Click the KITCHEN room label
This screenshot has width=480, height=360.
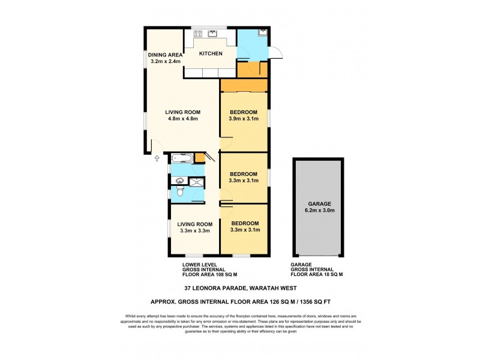(x=211, y=54)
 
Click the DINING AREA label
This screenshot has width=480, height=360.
(x=165, y=54)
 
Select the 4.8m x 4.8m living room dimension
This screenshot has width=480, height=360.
(x=183, y=119)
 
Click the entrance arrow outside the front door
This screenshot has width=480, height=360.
(x=157, y=158)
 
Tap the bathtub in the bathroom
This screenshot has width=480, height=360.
(x=181, y=159)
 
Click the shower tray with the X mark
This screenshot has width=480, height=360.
(x=196, y=182)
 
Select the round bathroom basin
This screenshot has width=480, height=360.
(x=178, y=181)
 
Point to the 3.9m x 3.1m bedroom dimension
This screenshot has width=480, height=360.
(x=243, y=119)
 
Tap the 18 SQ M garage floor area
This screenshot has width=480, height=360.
(x=332, y=275)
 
